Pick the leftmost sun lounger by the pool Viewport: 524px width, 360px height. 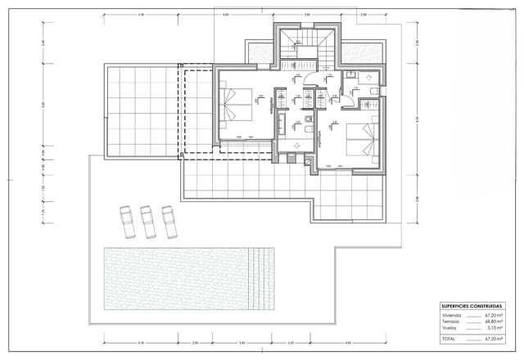[x=129, y=220]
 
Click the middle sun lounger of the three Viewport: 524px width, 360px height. [x=148, y=220]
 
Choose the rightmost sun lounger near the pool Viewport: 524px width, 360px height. [x=169, y=220]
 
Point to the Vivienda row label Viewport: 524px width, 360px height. [x=451, y=314]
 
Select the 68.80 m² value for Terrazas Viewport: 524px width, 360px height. [x=493, y=321]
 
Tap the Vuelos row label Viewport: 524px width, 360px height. [x=449, y=327]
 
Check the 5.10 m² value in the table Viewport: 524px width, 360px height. [x=495, y=327]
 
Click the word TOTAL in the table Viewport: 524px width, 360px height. [x=449, y=337]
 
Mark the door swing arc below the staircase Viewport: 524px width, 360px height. [x=313, y=82]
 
